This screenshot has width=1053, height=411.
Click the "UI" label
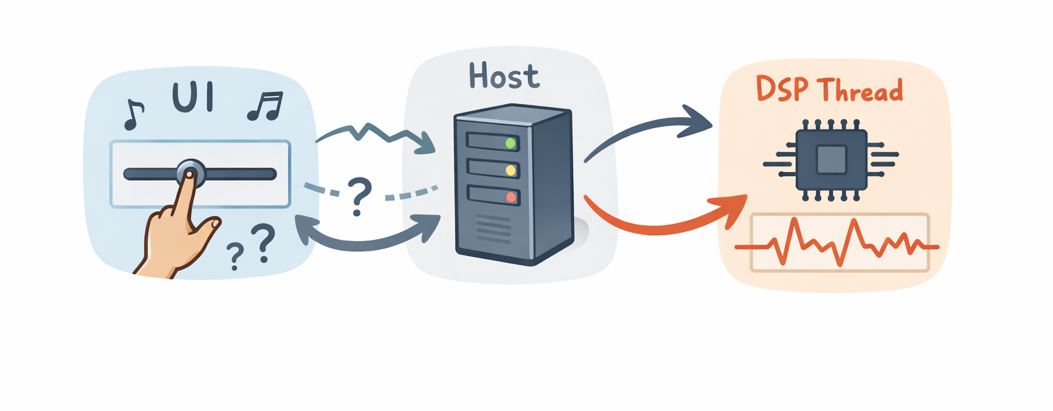(x=193, y=98)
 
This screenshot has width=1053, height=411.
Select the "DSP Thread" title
(x=829, y=90)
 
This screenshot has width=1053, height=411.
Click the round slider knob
(x=190, y=173)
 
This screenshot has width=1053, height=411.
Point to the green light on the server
(x=510, y=143)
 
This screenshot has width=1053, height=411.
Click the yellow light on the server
(x=510, y=170)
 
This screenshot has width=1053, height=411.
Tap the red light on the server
(x=510, y=197)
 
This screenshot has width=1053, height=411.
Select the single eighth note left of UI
(x=134, y=114)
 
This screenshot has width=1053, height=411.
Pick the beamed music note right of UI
(x=265, y=107)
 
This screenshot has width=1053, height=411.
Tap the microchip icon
(x=830, y=161)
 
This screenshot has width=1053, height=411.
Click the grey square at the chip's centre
(x=830, y=161)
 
